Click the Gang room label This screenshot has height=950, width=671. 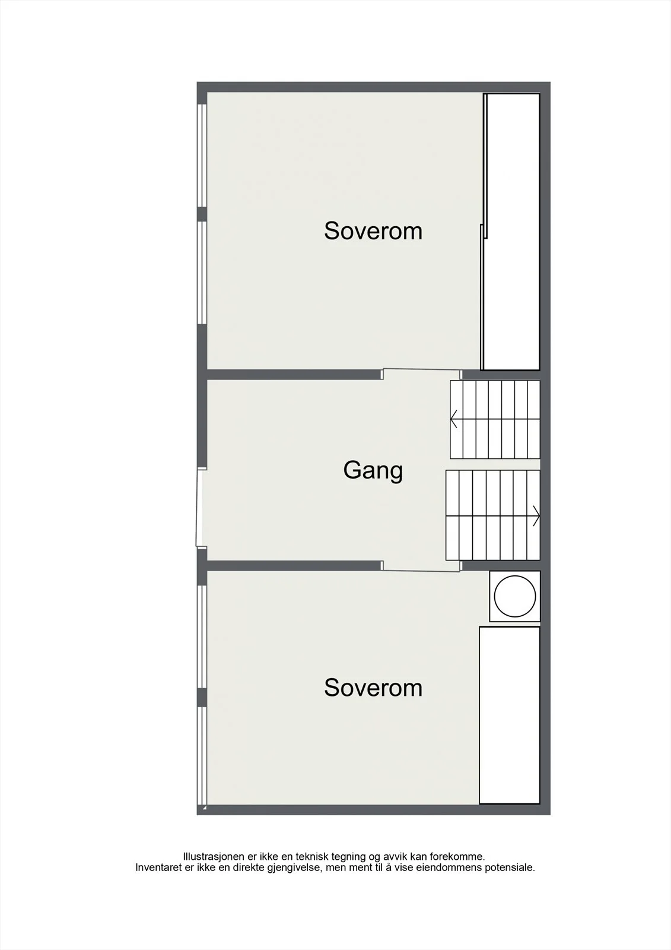373,471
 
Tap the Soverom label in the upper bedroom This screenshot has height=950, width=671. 373,231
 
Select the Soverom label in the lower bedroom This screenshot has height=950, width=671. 373,688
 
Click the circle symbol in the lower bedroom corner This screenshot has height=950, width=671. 514,596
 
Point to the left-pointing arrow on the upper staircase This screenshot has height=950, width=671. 453,419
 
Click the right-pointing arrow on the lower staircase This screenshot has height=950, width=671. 536,516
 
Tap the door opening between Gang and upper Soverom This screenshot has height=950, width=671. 422,373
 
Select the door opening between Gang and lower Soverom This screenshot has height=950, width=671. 422,566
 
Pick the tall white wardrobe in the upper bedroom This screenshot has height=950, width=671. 511,232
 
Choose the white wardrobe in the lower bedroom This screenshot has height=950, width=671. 510,715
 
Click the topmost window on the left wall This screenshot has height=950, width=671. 202,155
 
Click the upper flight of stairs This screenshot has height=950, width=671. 495,419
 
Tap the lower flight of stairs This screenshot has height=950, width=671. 493,515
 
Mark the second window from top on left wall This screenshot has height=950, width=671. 202,273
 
